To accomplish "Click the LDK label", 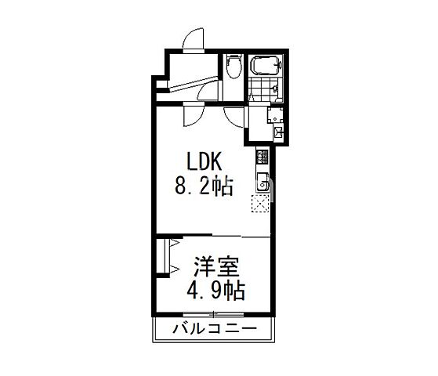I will click(x=205, y=161).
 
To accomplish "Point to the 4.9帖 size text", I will click(x=214, y=291).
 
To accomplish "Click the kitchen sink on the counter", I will click(x=262, y=186).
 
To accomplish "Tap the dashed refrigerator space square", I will click(x=260, y=206).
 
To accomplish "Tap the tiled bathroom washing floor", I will click(x=264, y=89).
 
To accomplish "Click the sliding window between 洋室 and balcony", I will click(x=214, y=316).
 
